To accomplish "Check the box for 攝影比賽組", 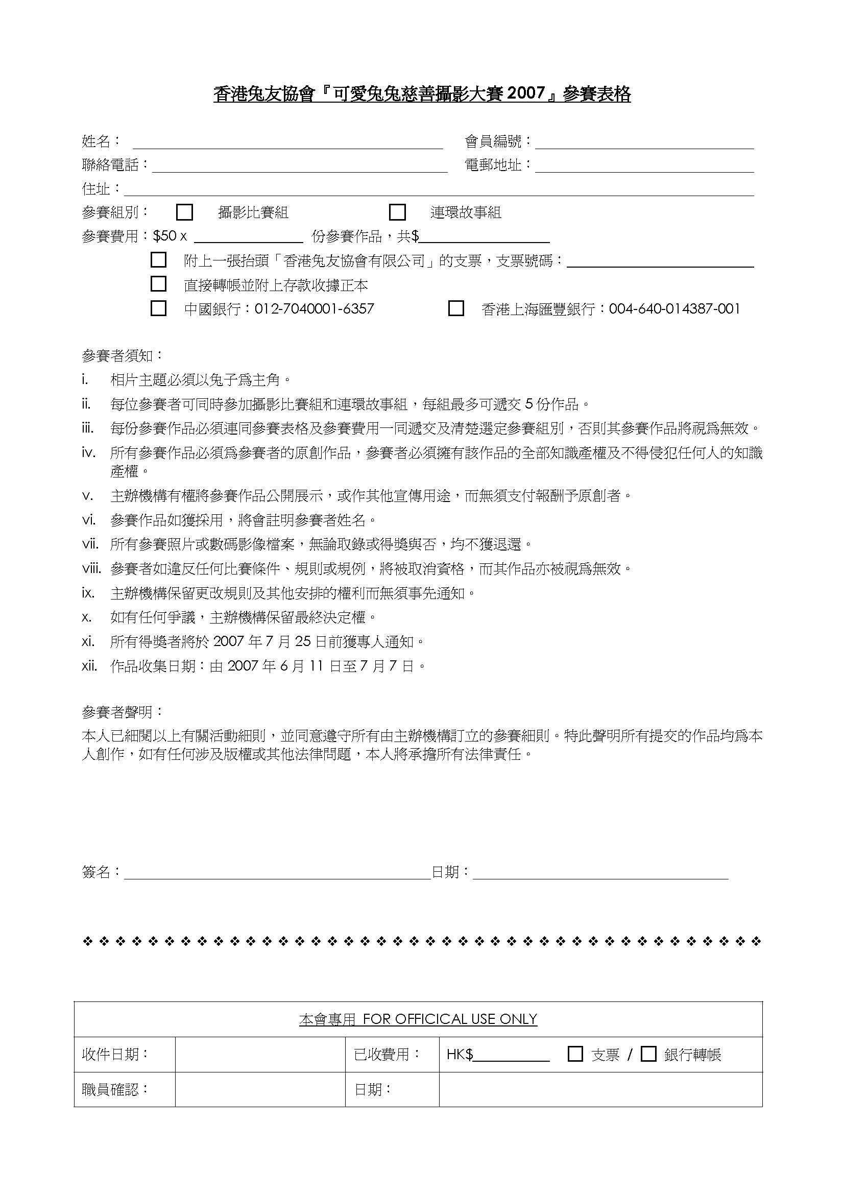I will tap(185, 212).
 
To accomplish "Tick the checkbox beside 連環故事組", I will tap(397, 212).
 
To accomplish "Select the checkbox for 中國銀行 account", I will tap(158, 308).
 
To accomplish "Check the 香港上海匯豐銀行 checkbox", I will tap(456, 308).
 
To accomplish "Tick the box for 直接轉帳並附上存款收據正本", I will tap(158, 284).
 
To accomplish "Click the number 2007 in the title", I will tap(525, 93).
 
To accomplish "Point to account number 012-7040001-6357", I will tap(314, 309).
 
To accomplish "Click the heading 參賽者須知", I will tap(123, 356).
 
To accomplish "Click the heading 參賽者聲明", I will tap(123, 712).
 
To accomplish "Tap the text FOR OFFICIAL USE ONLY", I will tap(450, 1019).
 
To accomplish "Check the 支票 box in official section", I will tap(575, 1054).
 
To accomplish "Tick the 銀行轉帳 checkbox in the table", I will tap(648, 1054).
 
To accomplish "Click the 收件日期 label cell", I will tap(124, 1054).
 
